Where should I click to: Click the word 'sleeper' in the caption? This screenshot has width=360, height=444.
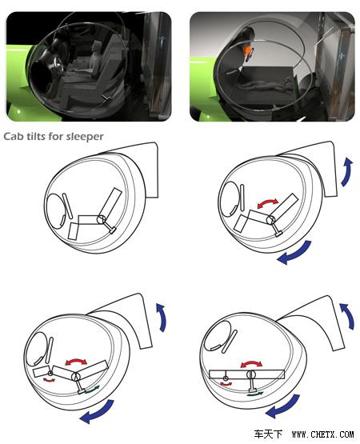85,137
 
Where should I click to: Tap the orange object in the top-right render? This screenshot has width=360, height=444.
248,50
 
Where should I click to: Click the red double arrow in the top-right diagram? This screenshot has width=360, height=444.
268,202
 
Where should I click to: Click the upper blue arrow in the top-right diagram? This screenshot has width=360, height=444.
347,172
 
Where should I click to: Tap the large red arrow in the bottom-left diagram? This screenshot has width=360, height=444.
76,362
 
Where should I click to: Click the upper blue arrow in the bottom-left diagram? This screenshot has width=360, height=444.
162,317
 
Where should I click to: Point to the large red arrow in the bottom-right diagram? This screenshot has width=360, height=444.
251,363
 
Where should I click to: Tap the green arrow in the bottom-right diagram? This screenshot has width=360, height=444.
255,394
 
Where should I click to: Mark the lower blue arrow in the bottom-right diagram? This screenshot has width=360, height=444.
282,406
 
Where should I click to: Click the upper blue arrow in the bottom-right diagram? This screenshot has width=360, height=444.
348,315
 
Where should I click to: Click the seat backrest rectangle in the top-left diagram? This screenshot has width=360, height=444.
110,203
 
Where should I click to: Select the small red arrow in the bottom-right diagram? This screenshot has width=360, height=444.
226,384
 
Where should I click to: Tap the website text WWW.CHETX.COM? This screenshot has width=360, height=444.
322,434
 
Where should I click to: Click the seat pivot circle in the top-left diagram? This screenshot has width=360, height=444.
101,219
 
